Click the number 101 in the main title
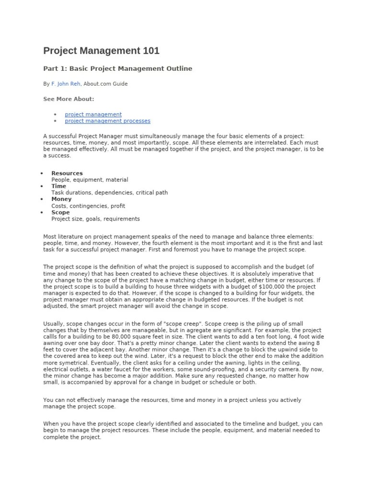149,51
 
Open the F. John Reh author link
66,84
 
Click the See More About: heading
69,99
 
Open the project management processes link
107,121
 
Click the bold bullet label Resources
67,173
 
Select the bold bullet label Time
59,186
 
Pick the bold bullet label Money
61,199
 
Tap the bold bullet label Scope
60,212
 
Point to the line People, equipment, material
90,180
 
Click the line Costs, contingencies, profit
88,206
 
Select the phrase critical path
152,193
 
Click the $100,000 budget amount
272,286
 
